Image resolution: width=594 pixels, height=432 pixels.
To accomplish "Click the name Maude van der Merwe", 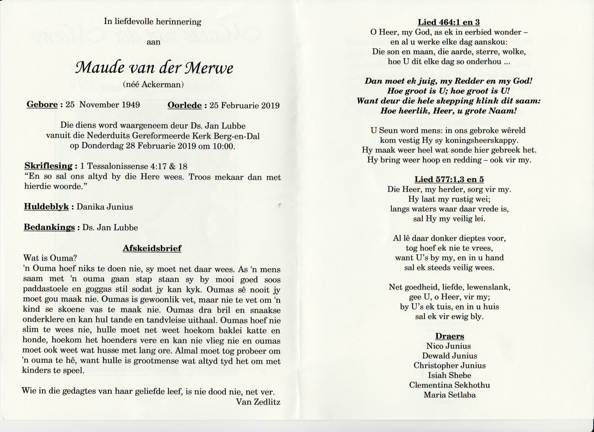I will tap(154, 68).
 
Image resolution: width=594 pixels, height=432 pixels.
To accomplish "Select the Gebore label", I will tap(42, 105).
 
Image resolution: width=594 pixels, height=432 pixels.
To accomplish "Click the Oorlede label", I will tap(185, 105).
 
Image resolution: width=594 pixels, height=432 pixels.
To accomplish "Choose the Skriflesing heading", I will tap(48, 166).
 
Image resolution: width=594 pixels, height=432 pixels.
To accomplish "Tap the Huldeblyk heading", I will tap(46, 207).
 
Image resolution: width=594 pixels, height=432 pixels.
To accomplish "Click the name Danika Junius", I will tap(105, 207).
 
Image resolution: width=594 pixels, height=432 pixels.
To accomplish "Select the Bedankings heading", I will tap(49, 227).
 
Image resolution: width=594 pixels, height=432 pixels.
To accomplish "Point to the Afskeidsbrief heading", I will tap(152, 248).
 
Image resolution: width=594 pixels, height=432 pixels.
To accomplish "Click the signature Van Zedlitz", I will tap(258, 402).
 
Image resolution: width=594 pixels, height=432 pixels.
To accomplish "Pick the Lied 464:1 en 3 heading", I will tap(449, 22).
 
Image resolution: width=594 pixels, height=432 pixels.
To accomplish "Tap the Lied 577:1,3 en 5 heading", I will tap(449, 179).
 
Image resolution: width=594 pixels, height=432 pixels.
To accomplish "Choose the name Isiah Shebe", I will tap(449, 375).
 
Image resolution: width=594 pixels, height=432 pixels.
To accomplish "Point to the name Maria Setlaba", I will tap(449, 395).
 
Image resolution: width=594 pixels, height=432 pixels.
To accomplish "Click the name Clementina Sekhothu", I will tap(449, 385).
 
